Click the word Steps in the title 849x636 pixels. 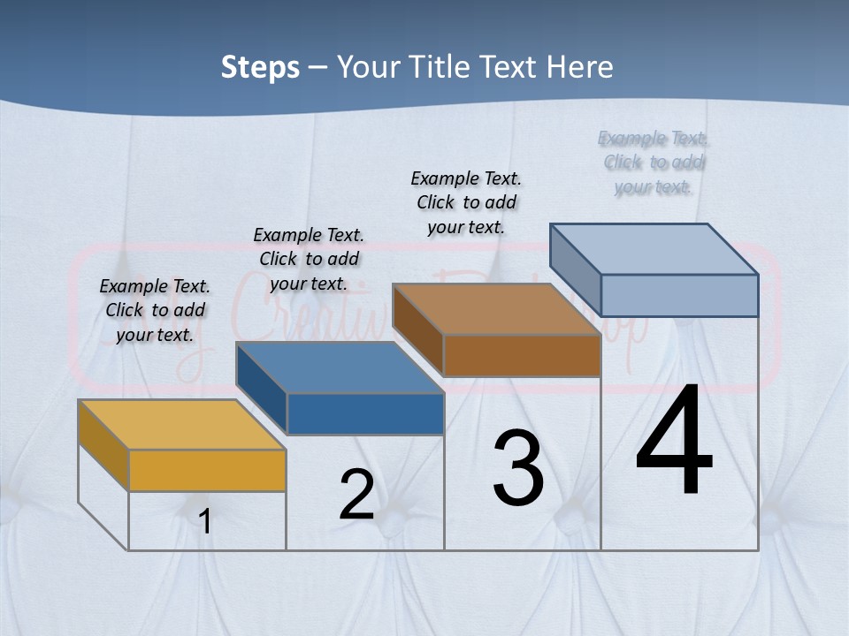click(260, 67)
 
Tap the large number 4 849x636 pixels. click(674, 442)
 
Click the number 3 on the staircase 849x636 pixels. click(518, 468)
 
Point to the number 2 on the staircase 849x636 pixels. click(356, 495)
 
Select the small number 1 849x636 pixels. click(205, 521)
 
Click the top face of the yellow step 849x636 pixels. click(181, 425)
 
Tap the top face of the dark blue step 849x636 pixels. click(339, 367)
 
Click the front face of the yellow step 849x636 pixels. click(207, 470)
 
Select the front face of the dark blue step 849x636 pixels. click(365, 413)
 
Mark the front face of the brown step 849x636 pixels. click(522, 355)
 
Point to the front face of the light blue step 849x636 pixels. click(679, 295)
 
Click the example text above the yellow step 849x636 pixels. click(155, 310)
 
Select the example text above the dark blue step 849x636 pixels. click(309, 259)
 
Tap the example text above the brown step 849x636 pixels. click(466, 202)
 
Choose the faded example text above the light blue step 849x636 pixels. click(654, 162)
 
